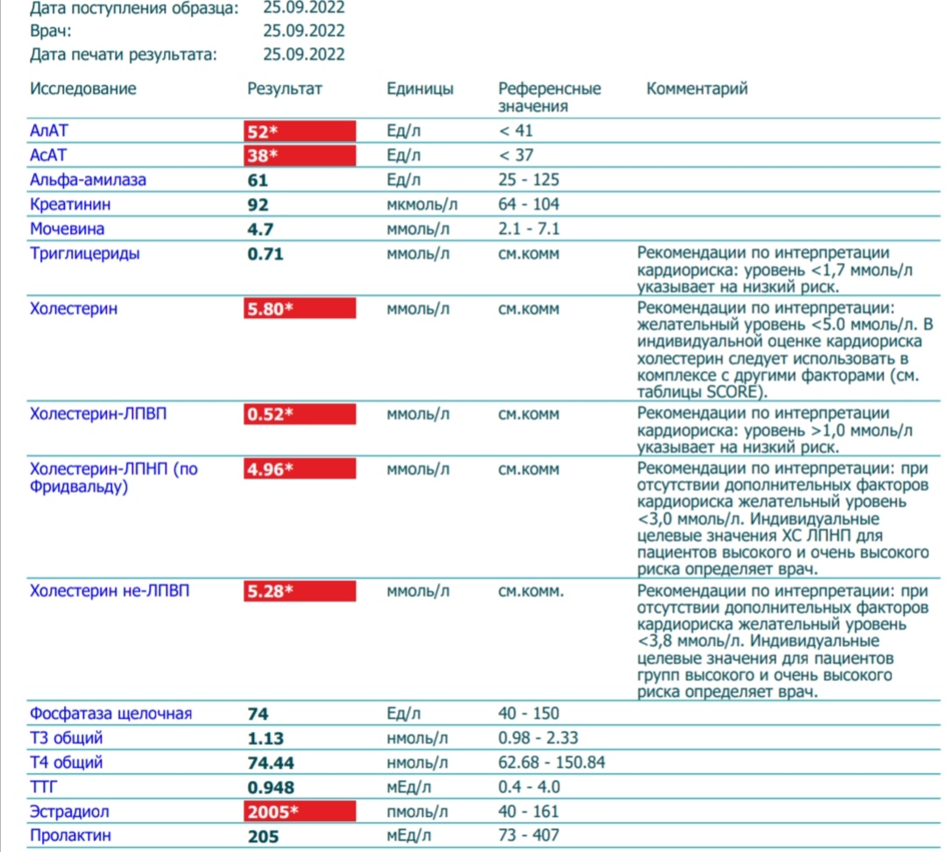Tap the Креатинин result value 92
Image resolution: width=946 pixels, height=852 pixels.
click(x=258, y=205)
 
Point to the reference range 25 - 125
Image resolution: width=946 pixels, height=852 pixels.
click(x=528, y=180)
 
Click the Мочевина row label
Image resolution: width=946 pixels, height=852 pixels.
click(x=67, y=229)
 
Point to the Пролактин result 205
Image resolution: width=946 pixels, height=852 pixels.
click(x=264, y=836)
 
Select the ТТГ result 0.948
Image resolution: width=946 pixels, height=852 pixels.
click(x=271, y=786)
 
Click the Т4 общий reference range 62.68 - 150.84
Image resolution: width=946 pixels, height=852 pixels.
click(x=552, y=763)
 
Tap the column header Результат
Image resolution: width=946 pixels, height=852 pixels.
click(x=285, y=88)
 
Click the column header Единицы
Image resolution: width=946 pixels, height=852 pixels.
click(x=420, y=88)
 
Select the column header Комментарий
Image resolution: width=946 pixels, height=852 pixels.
click(x=696, y=88)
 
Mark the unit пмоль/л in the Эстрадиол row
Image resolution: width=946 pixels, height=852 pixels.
click(x=417, y=811)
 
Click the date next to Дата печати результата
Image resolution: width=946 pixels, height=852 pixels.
click(x=304, y=54)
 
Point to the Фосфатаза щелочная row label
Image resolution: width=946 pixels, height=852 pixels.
click(x=110, y=714)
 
